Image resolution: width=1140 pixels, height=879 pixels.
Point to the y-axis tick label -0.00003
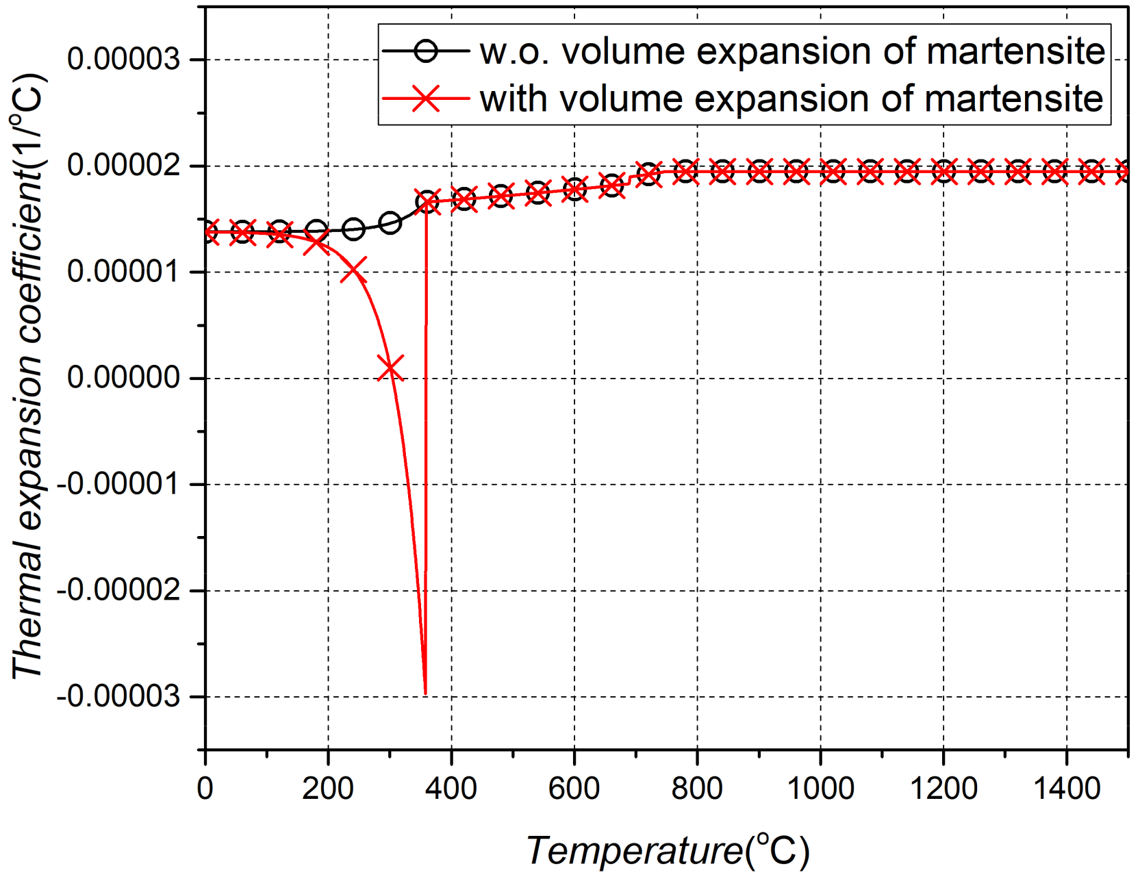(118, 697)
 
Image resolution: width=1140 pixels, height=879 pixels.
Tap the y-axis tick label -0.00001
(118, 485)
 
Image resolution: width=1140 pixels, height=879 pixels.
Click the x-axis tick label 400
(451, 789)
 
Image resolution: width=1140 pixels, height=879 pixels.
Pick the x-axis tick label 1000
(820, 789)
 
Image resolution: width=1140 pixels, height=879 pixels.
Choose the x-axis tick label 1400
(1066, 789)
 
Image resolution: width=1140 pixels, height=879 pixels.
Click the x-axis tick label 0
(205, 789)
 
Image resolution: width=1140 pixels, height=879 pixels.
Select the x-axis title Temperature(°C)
(668, 851)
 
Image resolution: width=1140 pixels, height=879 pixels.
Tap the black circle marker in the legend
(426, 51)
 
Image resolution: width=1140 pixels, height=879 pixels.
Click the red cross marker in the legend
(426, 99)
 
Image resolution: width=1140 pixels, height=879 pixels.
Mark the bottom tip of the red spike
(425, 693)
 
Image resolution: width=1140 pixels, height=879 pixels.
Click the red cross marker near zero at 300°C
(390, 368)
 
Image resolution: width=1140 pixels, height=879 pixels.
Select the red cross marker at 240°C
(353, 270)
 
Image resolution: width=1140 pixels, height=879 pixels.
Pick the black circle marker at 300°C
(390, 222)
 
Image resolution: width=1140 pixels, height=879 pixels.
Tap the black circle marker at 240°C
(353, 229)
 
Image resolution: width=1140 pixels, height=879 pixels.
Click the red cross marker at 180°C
(316, 242)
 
